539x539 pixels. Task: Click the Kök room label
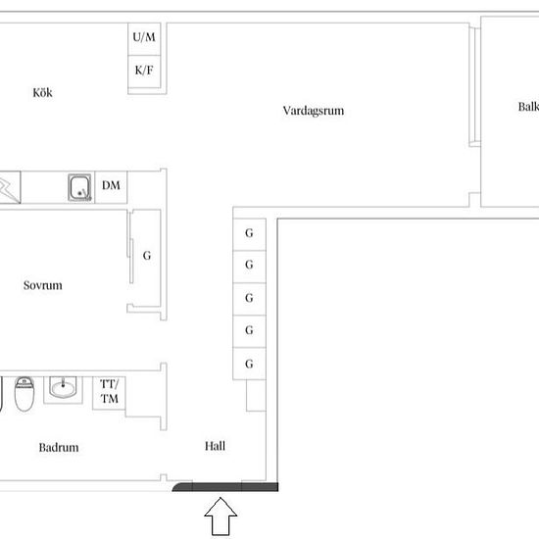click(42, 93)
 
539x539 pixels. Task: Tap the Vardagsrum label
click(314, 111)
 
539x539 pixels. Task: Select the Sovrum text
click(43, 285)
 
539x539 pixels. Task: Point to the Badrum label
click(59, 447)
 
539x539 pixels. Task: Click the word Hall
click(216, 446)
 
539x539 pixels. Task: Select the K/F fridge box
click(144, 72)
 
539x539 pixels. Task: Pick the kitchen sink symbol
click(79, 187)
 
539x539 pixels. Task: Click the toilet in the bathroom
click(24, 394)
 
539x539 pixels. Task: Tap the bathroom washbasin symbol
click(63, 388)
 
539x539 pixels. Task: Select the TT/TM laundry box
click(110, 393)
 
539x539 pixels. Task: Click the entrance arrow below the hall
click(220, 515)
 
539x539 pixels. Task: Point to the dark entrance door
click(225, 487)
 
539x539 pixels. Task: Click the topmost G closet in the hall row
click(250, 234)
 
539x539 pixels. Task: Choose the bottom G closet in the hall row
click(250, 364)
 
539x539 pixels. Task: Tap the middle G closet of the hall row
click(250, 299)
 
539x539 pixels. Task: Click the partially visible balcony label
click(528, 107)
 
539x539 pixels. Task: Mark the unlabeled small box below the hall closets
click(256, 395)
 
